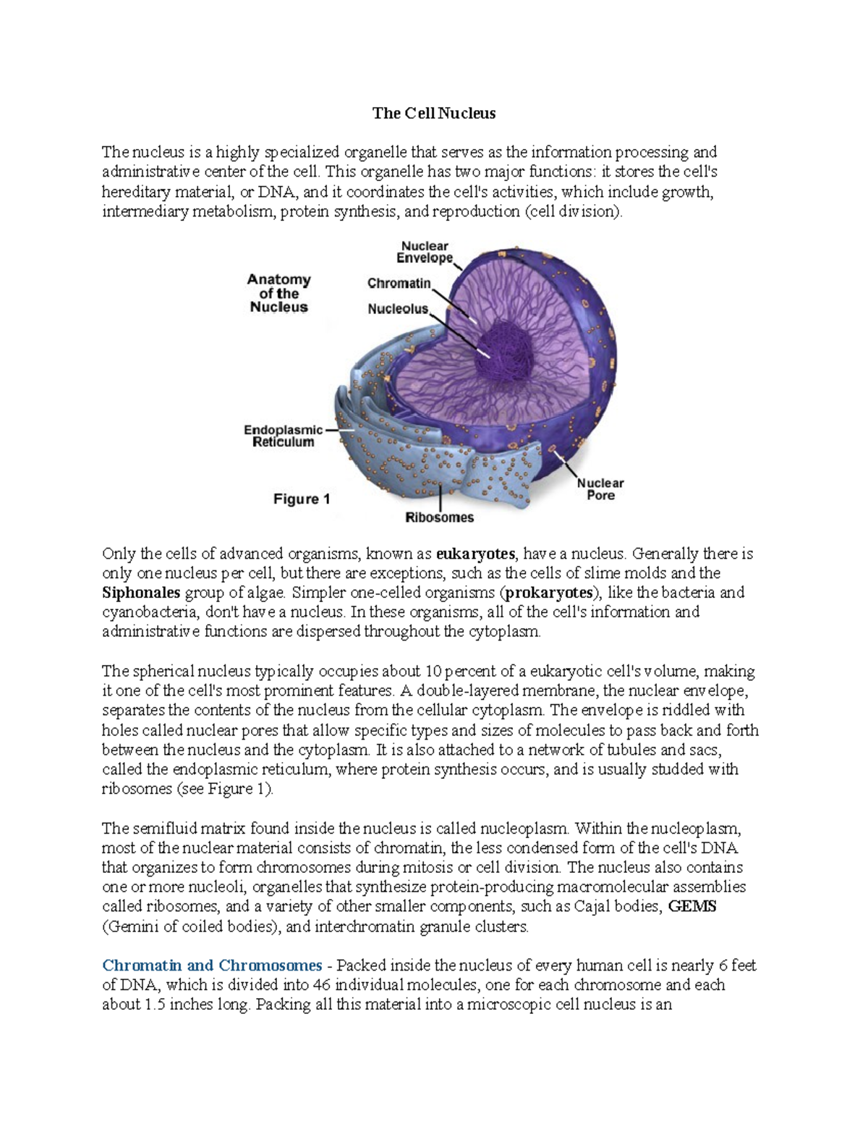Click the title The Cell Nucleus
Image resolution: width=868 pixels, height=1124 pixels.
coord(433,113)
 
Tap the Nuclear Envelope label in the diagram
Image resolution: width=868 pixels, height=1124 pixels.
coord(425,252)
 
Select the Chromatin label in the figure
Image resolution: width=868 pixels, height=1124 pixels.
coord(399,283)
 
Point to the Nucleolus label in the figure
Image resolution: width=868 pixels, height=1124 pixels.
coord(398,309)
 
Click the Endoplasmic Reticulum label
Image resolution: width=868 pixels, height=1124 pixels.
coord(283,436)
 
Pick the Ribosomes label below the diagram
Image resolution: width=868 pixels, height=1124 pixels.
coord(439,517)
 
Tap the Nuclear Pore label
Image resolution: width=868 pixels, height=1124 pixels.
coord(600,489)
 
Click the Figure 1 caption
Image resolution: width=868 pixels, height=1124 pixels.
coord(302,499)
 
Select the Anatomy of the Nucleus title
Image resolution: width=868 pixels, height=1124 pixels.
coord(278,293)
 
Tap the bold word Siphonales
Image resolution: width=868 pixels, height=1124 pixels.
coord(141,593)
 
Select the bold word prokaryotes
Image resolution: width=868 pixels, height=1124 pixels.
coord(549,593)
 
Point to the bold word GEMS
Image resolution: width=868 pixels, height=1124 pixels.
coord(692,907)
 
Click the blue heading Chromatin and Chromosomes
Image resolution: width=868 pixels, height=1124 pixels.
coord(212,965)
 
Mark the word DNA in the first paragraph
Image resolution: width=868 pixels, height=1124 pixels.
coord(276,192)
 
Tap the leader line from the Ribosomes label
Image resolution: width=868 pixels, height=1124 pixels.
coord(441,498)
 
